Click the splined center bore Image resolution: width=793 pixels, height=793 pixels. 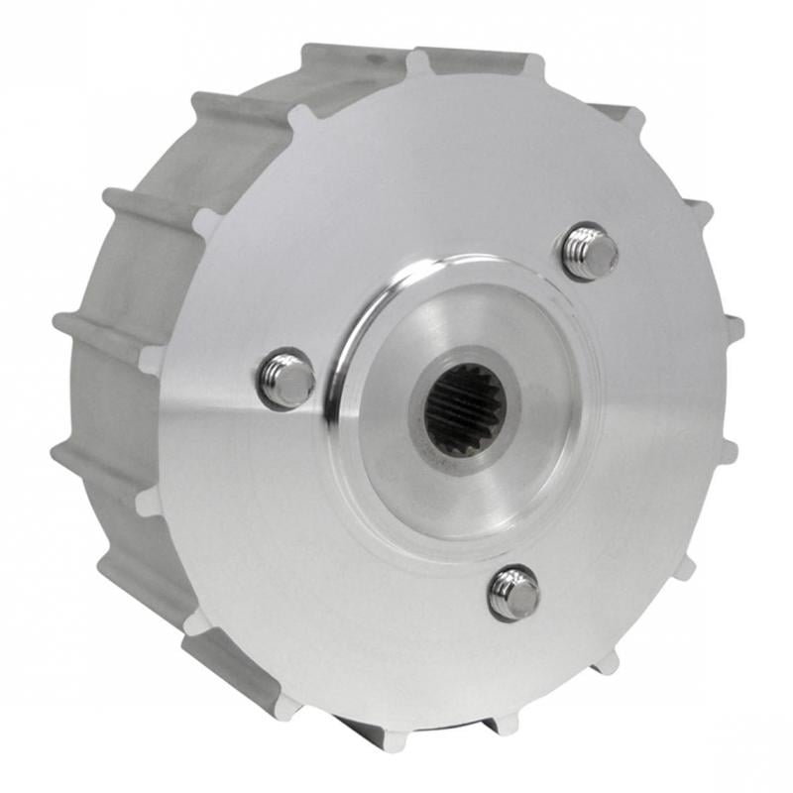[465, 408]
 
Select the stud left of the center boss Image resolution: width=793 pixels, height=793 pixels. [286, 378]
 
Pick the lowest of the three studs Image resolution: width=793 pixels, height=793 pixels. [514, 593]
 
